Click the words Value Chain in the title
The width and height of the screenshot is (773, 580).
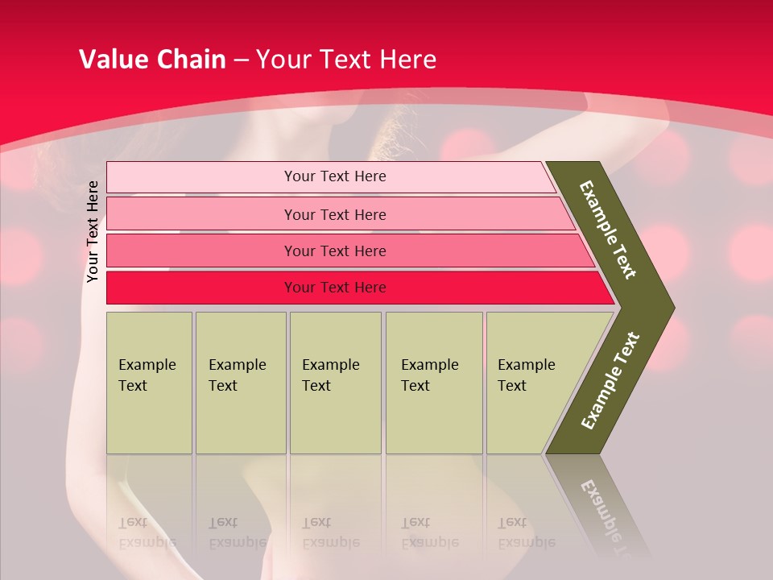coord(152,60)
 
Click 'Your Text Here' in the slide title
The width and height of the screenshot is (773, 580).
coord(346,60)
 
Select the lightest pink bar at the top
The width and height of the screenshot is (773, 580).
coord(201,177)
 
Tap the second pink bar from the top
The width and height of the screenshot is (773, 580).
coord(201,214)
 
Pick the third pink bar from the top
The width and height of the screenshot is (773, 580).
coord(201,251)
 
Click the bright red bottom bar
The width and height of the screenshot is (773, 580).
coord(201,288)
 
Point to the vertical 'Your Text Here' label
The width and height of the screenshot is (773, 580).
coord(93,232)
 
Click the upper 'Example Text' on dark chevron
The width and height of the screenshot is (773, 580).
coord(608,230)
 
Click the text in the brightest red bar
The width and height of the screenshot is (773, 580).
coord(335,288)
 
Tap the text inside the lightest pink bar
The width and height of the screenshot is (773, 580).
coord(335,176)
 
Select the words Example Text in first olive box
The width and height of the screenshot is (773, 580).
coord(147,375)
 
